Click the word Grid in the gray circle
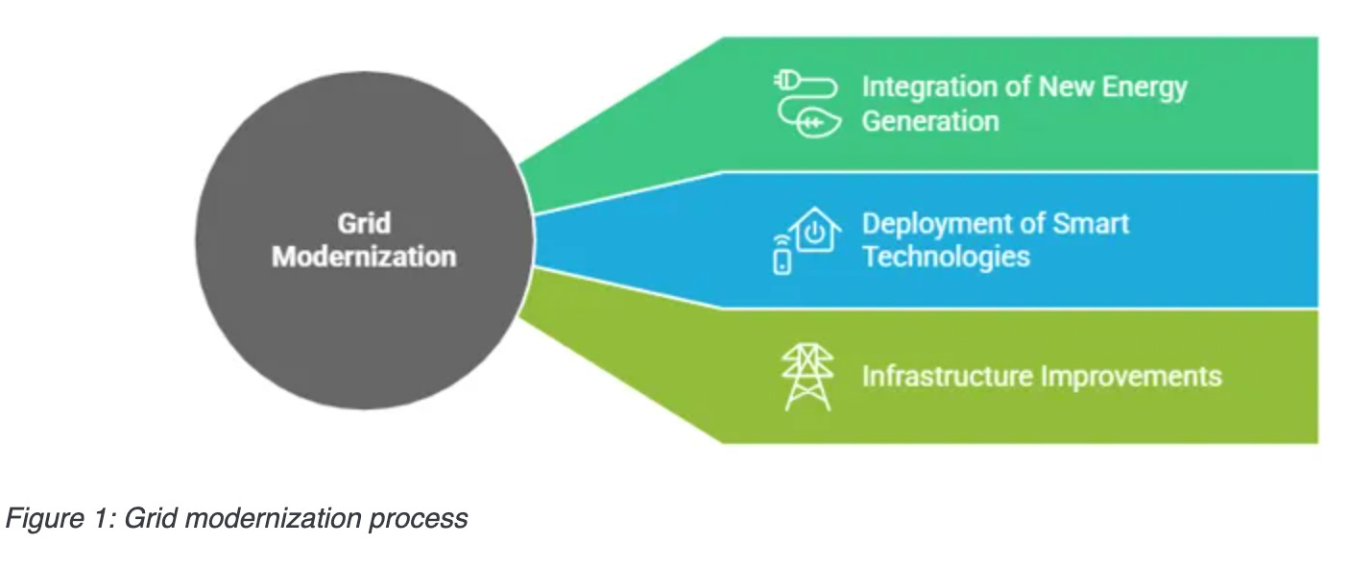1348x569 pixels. tap(364, 224)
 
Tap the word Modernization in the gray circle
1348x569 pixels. tap(364, 258)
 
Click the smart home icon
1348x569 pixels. tap(806, 239)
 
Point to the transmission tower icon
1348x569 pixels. tap(806, 376)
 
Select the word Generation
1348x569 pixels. tap(930, 122)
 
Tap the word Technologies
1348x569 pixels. tap(946, 258)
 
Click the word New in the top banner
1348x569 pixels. tap(1054, 87)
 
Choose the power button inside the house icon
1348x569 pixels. tap(814, 234)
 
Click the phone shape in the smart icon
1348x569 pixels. tap(782, 260)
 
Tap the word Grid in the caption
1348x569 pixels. tap(149, 518)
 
